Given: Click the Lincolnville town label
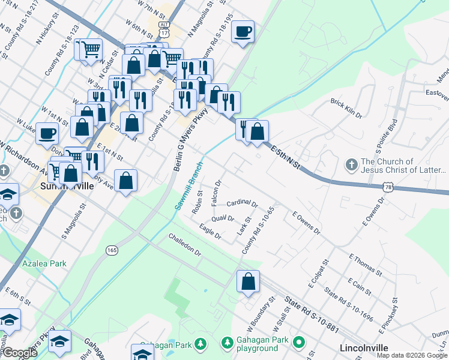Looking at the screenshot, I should pos(364,347).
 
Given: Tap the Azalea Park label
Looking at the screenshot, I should pos(44,263).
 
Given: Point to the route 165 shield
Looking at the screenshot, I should pos(111,249).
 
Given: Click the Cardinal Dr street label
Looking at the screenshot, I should pos(242,204).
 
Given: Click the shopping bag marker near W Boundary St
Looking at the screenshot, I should pos(248,281).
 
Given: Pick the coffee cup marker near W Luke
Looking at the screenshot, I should pos(47,133).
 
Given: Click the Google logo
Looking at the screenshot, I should pos(20,353).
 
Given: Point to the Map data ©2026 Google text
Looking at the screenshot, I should pos(411,355).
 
